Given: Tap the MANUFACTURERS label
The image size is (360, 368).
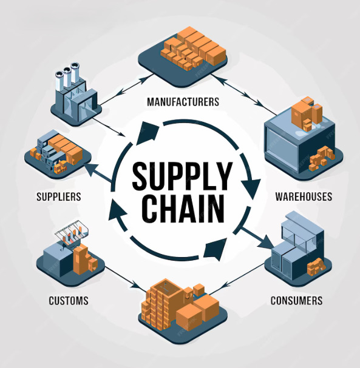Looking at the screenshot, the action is (x=183, y=102).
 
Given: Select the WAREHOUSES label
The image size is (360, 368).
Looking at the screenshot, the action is (x=304, y=196).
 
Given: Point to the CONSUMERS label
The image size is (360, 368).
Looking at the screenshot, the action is (x=296, y=301).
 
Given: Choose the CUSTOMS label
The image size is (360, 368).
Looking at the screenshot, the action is (x=69, y=301).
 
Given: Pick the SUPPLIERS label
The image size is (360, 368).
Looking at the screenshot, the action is (x=59, y=196).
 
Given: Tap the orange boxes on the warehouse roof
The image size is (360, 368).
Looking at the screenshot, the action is (x=307, y=113).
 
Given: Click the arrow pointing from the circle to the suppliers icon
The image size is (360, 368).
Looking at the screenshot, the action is (x=98, y=173).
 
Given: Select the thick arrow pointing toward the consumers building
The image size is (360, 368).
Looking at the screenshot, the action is (x=258, y=238).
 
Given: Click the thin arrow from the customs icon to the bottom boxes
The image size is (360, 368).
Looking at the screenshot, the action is (x=123, y=278).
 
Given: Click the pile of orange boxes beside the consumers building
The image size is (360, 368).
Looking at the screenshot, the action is (x=316, y=267).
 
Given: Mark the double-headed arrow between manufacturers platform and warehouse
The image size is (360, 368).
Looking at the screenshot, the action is (x=243, y=94).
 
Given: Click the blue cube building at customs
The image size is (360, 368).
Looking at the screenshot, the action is (x=59, y=259).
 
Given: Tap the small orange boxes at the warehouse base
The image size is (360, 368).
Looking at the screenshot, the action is (x=322, y=158).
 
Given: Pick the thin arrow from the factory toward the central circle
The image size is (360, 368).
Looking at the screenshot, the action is (x=109, y=127).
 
